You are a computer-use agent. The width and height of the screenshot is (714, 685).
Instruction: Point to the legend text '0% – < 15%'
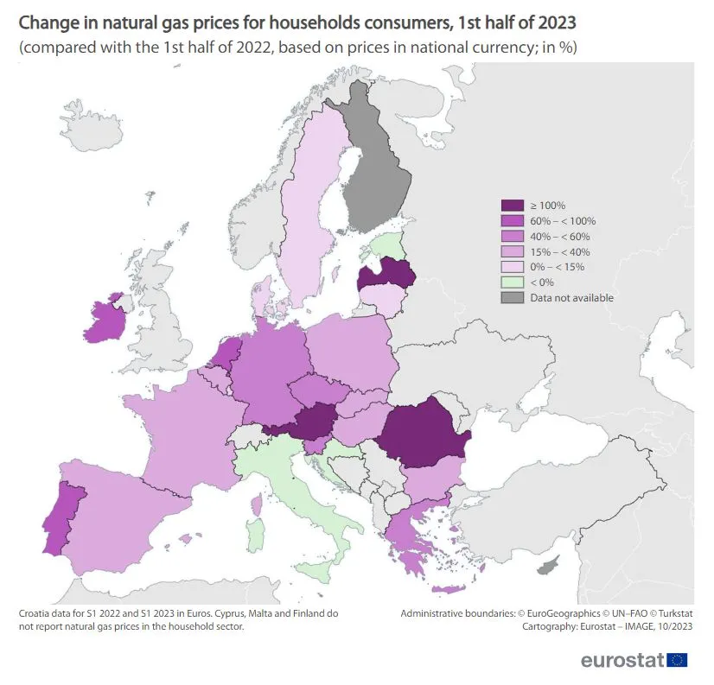[558, 267]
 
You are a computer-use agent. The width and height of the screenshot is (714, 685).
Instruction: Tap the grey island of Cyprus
[546, 567]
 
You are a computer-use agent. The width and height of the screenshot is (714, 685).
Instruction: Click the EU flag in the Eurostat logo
[678, 660]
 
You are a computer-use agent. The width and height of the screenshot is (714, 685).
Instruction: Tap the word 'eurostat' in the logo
[622, 661]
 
